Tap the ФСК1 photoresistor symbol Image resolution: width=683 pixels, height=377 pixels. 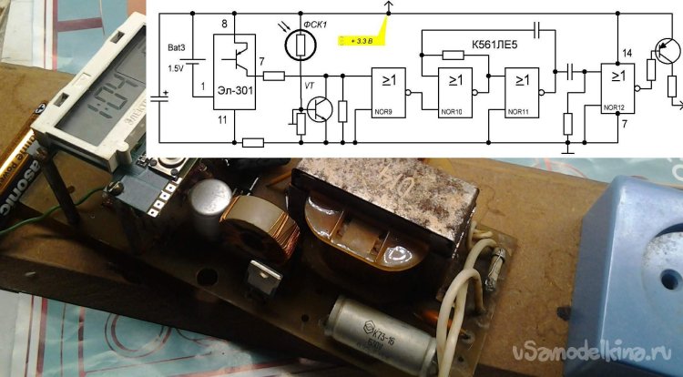pyautogui.click(x=299, y=42)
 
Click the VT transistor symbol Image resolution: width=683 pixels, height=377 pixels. pyautogui.click(x=318, y=110)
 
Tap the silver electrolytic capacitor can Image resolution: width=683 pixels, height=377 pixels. pyautogui.click(x=210, y=199)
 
